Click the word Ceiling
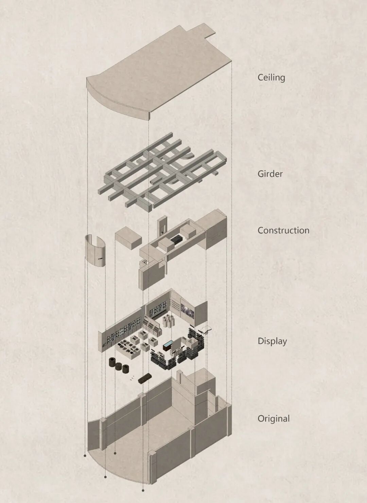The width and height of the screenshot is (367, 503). (x=271, y=78)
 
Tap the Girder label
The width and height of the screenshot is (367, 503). (x=270, y=174)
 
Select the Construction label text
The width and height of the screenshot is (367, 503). (x=283, y=230)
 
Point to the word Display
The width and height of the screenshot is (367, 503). (x=272, y=341)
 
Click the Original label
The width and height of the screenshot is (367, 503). (x=273, y=418)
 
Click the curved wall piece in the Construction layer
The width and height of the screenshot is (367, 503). (x=95, y=251)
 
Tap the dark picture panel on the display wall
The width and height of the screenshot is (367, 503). (x=187, y=310)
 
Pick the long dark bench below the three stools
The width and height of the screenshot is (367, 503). (x=144, y=378)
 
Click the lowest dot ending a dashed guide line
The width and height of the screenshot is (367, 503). (x=143, y=490)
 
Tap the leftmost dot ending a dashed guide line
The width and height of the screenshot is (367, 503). (x=85, y=455)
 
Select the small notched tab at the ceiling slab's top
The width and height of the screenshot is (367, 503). (x=206, y=30)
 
